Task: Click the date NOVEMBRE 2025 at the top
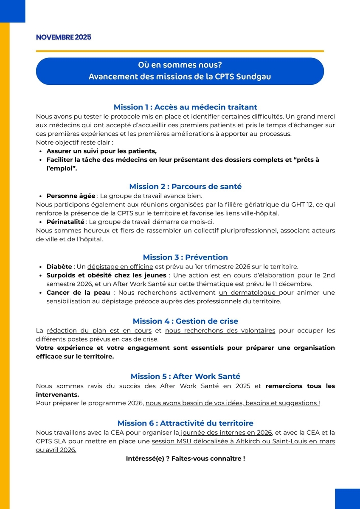click(64, 37)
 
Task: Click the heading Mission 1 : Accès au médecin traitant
click(185, 107)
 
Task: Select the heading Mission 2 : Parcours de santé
click(185, 186)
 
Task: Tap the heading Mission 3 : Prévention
click(185, 257)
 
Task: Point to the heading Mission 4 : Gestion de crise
click(185, 321)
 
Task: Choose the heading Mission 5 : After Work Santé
click(185, 376)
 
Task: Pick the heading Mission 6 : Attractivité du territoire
click(185, 423)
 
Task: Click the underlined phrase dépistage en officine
click(120, 267)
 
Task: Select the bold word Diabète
click(59, 267)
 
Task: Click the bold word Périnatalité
click(65, 222)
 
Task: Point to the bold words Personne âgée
click(70, 196)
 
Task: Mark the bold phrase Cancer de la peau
click(78, 293)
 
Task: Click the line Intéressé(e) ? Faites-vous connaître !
click(185, 459)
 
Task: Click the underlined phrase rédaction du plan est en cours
click(98, 330)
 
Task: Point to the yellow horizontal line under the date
click(180, 51)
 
